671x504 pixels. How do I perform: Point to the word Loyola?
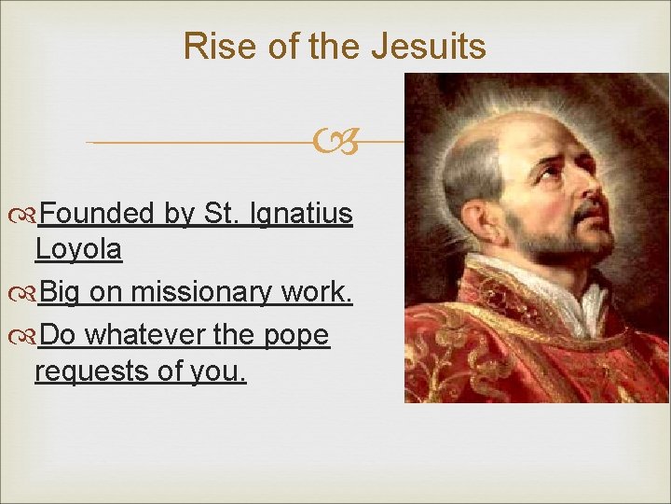pyautogui.click(x=78, y=249)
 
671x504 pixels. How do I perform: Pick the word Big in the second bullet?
pyautogui.click(x=62, y=292)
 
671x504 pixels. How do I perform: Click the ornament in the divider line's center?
pyautogui.click(x=336, y=143)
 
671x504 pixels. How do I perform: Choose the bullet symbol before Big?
pyautogui.click(x=25, y=293)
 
